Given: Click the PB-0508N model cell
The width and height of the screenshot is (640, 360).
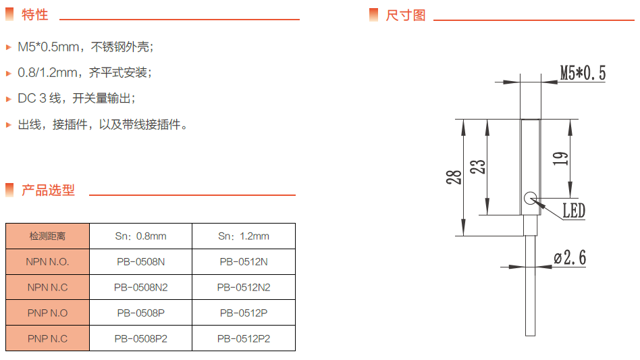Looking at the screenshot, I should (x=140, y=262).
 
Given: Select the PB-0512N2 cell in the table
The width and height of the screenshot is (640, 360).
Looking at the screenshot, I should (x=243, y=288).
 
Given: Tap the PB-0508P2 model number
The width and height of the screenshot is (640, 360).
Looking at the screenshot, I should (x=140, y=339).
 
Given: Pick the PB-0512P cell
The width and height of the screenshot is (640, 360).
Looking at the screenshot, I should (x=243, y=313).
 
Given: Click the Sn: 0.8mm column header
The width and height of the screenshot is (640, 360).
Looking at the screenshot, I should (x=140, y=236).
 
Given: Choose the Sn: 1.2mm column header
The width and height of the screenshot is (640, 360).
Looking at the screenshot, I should (x=243, y=236).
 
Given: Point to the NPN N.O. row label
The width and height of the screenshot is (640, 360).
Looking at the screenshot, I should (x=47, y=262).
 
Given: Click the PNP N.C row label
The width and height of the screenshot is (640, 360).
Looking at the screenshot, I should (x=47, y=339).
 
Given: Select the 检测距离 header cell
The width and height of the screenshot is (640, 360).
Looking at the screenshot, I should (x=47, y=236).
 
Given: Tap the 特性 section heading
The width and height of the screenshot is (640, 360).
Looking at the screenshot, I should (x=34, y=14).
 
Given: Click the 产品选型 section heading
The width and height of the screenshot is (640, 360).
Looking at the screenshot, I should (x=48, y=190).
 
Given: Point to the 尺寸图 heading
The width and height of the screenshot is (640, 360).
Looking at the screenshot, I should (x=406, y=15).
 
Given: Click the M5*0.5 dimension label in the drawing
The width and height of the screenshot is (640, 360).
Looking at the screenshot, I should (x=583, y=73).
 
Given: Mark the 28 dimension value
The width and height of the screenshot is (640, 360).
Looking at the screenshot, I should (x=454, y=177).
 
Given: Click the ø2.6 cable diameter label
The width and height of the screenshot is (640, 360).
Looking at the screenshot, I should (x=570, y=257).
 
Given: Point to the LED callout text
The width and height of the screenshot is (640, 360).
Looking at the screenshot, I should (x=573, y=211).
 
